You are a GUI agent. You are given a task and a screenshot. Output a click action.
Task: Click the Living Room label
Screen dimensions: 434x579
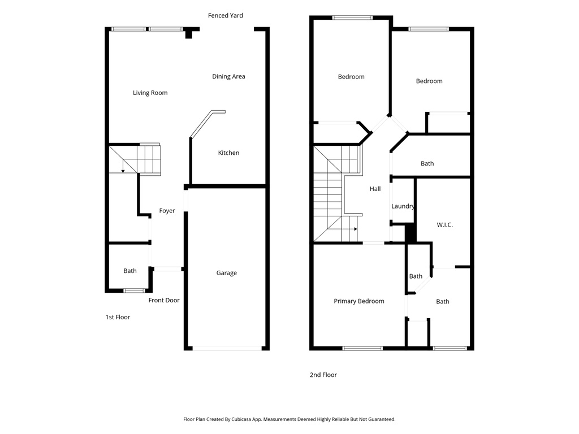pyautogui.click(x=150, y=93)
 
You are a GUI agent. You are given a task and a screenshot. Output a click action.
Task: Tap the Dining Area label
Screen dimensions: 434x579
pyautogui.click(x=228, y=76)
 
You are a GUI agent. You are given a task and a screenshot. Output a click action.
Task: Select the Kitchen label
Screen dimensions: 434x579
pyautogui.click(x=228, y=153)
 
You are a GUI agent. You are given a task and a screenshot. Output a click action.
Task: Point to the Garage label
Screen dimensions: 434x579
pyautogui.click(x=226, y=273)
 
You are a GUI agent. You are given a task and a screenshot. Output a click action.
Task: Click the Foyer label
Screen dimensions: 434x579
pyautogui.click(x=167, y=211)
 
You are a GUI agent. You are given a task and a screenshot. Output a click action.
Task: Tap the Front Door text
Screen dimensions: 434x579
pyautogui.click(x=164, y=300)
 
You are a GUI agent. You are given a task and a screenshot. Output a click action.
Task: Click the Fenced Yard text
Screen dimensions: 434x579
pyautogui.click(x=225, y=15)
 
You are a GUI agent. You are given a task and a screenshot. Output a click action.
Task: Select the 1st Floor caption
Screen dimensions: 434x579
pyautogui.click(x=118, y=317)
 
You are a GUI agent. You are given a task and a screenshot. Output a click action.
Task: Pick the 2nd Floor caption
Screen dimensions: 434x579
pyautogui.click(x=323, y=375)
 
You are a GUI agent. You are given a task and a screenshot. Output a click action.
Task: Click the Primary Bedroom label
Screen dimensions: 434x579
pyautogui.click(x=358, y=301)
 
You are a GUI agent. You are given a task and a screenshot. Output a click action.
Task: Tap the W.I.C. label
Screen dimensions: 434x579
pyautogui.click(x=444, y=224)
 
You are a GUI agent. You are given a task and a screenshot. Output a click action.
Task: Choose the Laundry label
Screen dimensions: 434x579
pyautogui.click(x=403, y=206)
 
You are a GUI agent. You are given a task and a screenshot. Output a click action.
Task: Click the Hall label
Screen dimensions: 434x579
pyautogui.click(x=375, y=189)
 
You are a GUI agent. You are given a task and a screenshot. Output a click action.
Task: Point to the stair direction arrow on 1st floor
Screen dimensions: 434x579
pyautogui.click(x=123, y=170)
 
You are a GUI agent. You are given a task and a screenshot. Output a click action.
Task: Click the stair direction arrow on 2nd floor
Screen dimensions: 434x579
pyautogui.click(x=355, y=229)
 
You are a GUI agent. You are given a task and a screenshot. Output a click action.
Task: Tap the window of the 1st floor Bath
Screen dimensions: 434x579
pyautogui.click(x=134, y=290)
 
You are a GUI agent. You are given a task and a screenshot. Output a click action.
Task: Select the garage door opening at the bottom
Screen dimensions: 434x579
pyautogui.click(x=226, y=348)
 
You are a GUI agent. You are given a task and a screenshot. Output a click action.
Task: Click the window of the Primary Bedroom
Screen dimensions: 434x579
pyautogui.click(x=362, y=348)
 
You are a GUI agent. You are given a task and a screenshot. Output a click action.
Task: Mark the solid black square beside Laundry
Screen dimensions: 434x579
pyautogui.click(x=411, y=233)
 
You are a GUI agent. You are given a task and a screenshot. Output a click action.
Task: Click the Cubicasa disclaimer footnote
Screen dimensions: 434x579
pyautogui.click(x=289, y=419)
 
